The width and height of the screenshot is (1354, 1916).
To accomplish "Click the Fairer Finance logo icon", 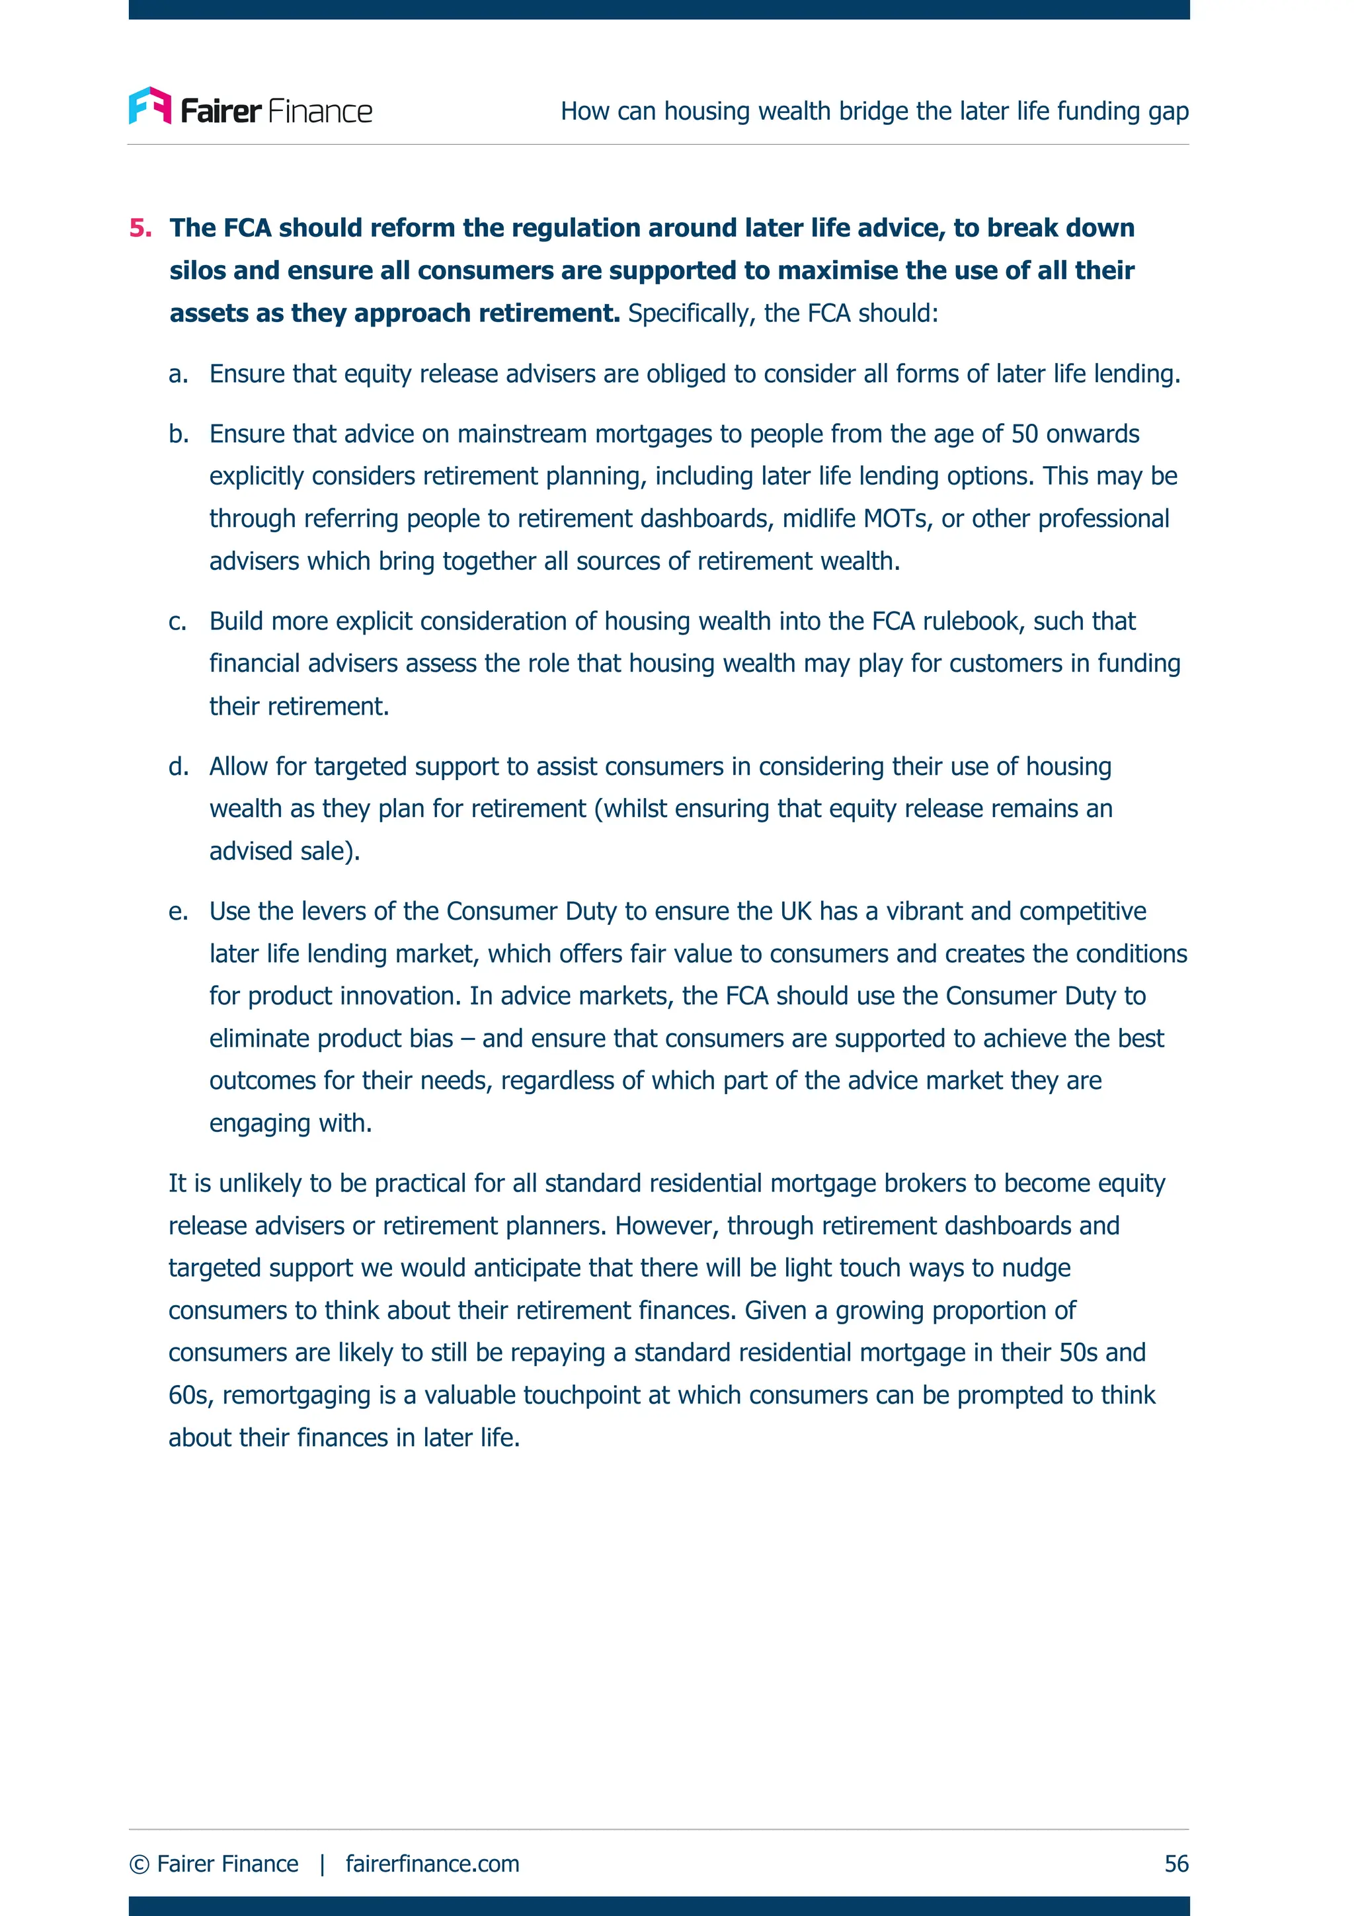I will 150,106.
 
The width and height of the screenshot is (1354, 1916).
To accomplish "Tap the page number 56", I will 1175,1862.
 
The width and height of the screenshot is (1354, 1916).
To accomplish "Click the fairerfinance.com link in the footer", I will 432,1862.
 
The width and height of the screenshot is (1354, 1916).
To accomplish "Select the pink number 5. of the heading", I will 140,228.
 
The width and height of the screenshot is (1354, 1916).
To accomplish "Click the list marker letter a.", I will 178,374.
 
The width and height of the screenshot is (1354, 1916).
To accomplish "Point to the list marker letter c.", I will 178,621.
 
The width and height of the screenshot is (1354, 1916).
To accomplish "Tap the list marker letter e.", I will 178,911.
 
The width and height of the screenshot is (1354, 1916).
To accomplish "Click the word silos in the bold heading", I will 198,270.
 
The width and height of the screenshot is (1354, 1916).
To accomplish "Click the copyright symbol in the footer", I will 139,1863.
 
